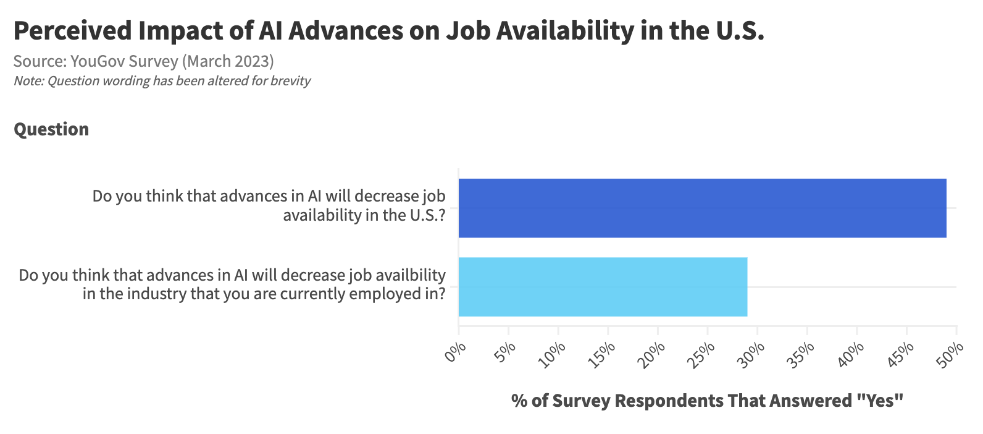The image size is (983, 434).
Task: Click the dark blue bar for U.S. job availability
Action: pos(702,208)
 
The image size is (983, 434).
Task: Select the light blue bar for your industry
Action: pos(603,287)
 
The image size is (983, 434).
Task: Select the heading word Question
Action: pos(51,129)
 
